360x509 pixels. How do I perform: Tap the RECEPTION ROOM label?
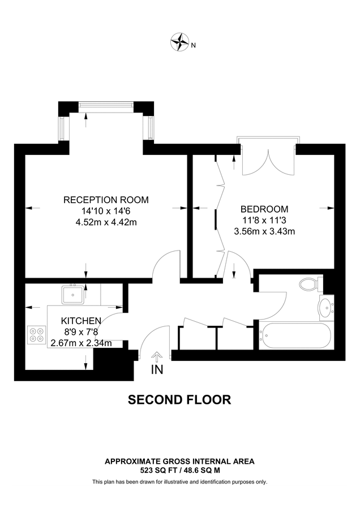click(106, 200)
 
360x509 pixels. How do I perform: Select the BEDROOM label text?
click(264, 208)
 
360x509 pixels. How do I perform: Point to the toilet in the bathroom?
click(308, 283)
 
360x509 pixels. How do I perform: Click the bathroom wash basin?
click(325, 308)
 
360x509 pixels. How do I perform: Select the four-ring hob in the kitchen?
click(37, 335)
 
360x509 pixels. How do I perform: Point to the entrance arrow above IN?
click(157, 356)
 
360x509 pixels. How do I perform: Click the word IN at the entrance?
click(157, 370)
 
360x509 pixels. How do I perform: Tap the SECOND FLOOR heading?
click(179, 400)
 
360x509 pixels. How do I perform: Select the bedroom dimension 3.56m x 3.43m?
click(264, 231)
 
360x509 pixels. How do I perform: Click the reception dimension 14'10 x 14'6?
click(106, 211)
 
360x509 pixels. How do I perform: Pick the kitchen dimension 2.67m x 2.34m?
click(81, 342)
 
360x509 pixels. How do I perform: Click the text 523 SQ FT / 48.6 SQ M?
click(179, 470)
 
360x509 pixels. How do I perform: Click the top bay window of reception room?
click(106, 104)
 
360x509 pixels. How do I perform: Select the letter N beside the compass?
click(193, 45)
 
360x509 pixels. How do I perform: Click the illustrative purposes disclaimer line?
click(179, 482)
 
